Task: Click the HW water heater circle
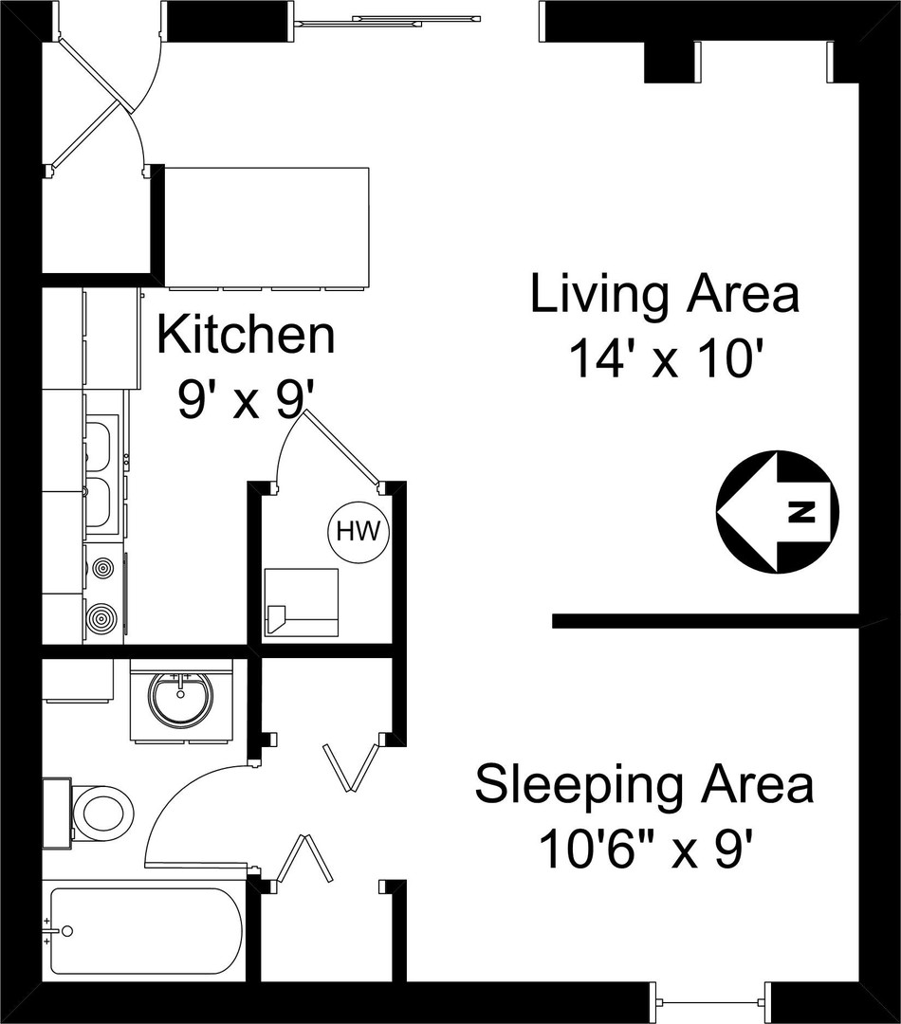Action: pos(359,532)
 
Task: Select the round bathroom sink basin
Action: pos(181,700)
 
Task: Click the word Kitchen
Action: pos(246,336)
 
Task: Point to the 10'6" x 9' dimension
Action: pos(650,850)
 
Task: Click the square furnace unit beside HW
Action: pos(302,602)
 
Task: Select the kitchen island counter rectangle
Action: pos(266,228)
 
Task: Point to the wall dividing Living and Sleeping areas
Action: pos(705,621)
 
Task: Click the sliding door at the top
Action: pos(389,22)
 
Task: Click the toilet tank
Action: pos(56,814)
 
